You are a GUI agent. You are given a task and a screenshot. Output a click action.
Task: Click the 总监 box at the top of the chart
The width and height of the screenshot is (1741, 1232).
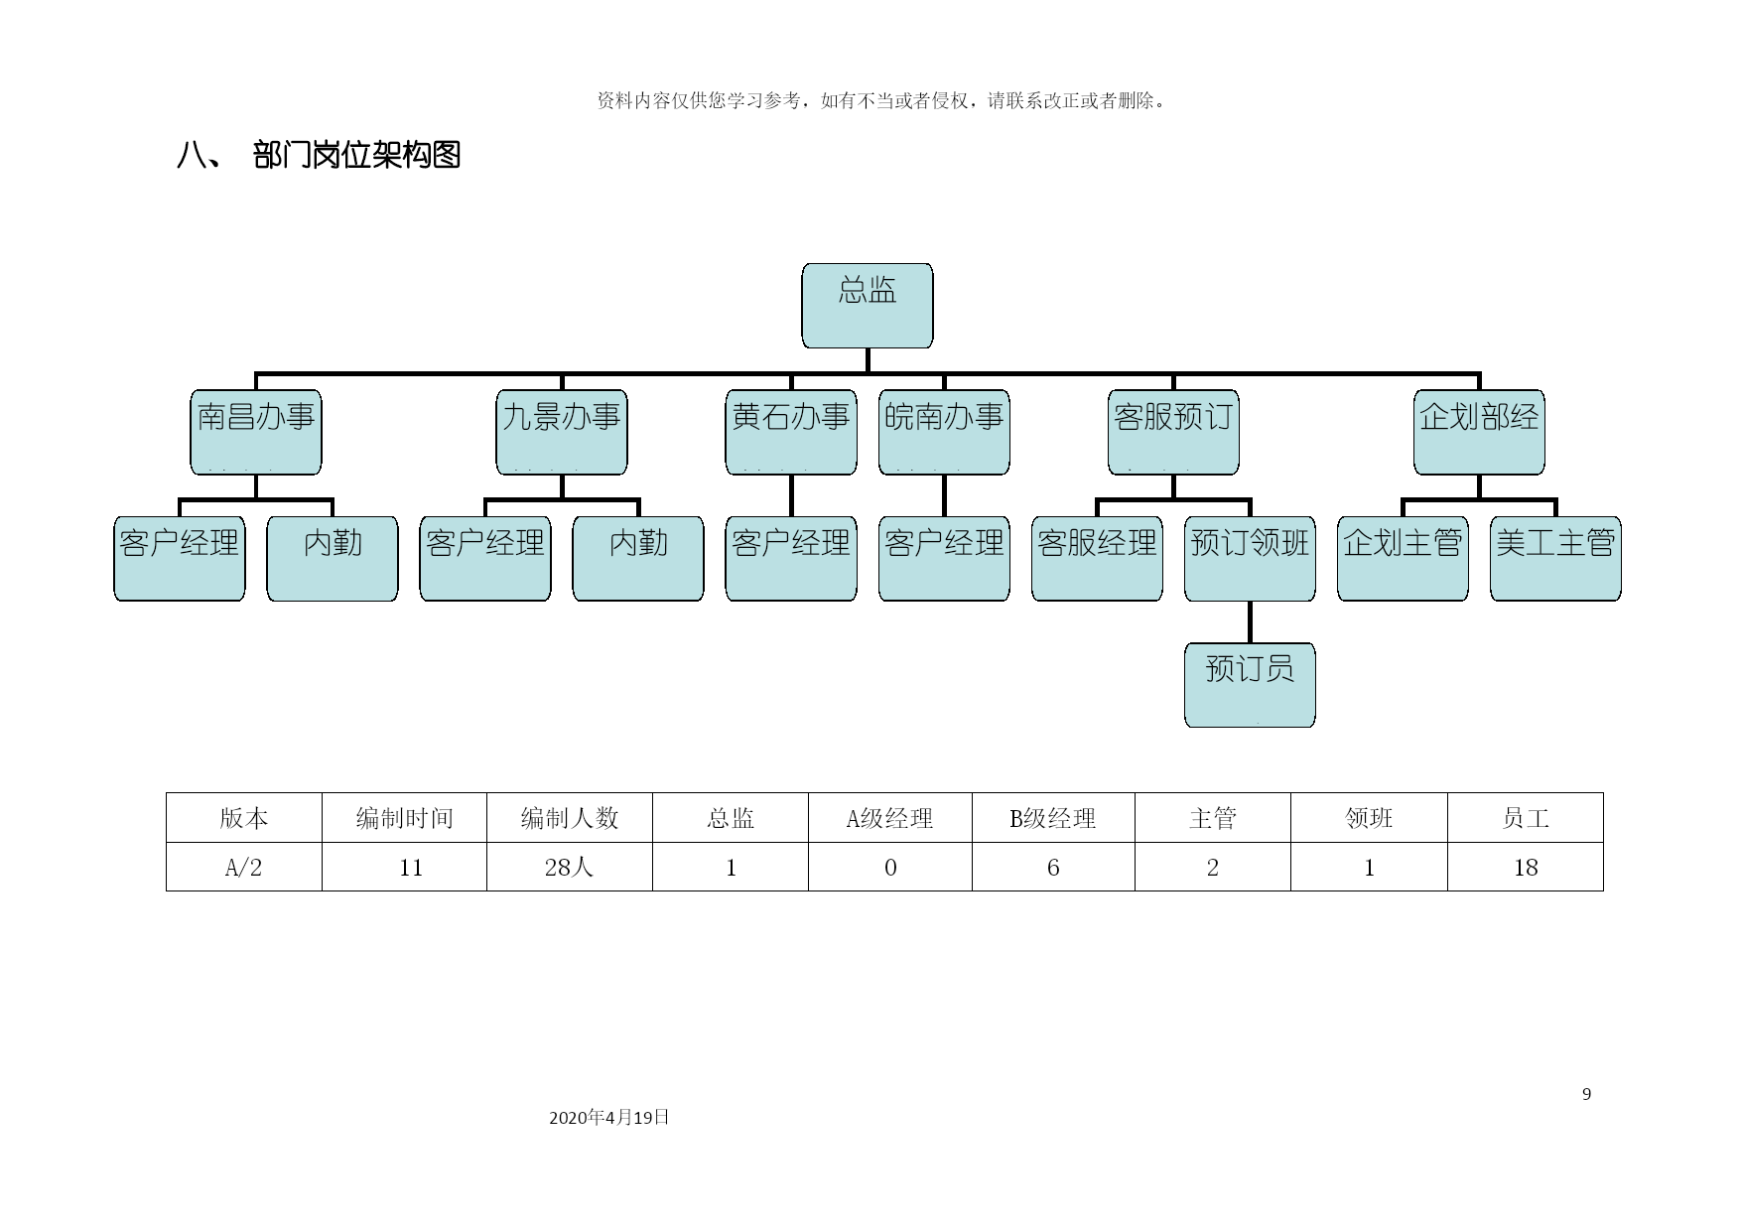(x=867, y=306)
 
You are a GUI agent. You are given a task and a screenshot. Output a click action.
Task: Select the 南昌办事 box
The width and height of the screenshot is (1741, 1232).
(x=255, y=432)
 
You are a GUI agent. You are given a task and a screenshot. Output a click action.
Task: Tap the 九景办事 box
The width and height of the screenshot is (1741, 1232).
(x=561, y=432)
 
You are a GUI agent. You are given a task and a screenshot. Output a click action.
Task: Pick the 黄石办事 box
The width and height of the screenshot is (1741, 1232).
(x=791, y=432)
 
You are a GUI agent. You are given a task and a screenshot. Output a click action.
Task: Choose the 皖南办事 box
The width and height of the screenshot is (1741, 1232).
(x=944, y=432)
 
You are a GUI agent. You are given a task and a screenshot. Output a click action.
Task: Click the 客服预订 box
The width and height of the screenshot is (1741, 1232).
(x=1173, y=432)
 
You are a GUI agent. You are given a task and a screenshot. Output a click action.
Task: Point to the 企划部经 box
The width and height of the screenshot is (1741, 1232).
(x=1479, y=432)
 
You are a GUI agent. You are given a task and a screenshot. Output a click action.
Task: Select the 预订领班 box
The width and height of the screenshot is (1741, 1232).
(x=1250, y=558)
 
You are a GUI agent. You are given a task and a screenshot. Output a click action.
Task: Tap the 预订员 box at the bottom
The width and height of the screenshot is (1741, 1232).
(x=1250, y=685)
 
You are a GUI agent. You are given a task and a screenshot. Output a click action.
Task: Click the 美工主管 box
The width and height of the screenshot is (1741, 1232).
(x=1555, y=558)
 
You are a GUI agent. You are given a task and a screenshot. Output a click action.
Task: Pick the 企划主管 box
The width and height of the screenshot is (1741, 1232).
(x=1403, y=558)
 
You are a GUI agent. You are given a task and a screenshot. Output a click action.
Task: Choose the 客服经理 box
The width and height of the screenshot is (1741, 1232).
(x=1097, y=558)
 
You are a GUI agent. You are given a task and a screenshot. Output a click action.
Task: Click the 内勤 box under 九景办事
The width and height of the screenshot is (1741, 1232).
(x=638, y=558)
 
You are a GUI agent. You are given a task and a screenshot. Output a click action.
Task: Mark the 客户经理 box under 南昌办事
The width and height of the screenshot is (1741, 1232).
(x=180, y=558)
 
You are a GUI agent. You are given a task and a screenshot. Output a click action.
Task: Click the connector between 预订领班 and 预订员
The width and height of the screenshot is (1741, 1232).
(x=1250, y=621)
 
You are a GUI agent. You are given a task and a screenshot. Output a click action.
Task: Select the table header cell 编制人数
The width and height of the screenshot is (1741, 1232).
(x=570, y=818)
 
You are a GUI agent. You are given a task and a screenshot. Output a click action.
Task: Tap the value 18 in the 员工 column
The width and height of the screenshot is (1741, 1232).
(x=1526, y=868)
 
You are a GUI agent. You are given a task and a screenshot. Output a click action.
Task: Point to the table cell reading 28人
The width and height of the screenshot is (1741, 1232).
(x=570, y=868)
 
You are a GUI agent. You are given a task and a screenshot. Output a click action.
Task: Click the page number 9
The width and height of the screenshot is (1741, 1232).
(x=1586, y=1094)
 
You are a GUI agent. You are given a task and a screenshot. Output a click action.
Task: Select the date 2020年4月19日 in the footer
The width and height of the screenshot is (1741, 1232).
(x=609, y=1117)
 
